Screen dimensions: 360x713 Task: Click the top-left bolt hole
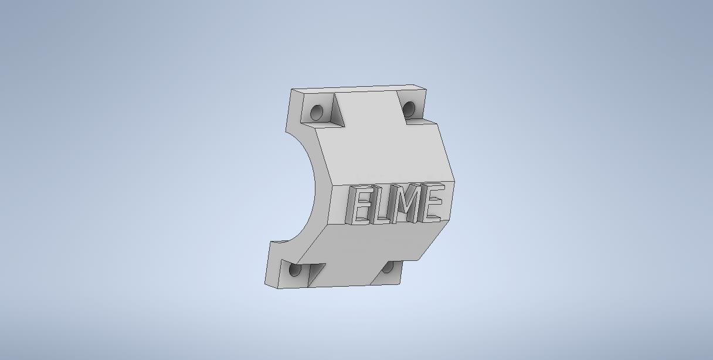click(317, 112)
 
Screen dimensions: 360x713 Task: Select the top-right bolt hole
click(409, 108)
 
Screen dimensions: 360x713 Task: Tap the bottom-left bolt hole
click(296, 270)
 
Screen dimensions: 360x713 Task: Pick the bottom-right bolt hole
click(388, 267)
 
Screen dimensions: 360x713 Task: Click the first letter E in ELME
click(359, 205)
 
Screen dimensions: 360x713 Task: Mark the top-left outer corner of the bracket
click(291, 90)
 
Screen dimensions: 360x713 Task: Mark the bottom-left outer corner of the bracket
click(265, 287)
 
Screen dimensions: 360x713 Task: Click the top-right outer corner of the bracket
click(426, 90)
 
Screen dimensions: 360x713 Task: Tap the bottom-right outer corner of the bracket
click(400, 283)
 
